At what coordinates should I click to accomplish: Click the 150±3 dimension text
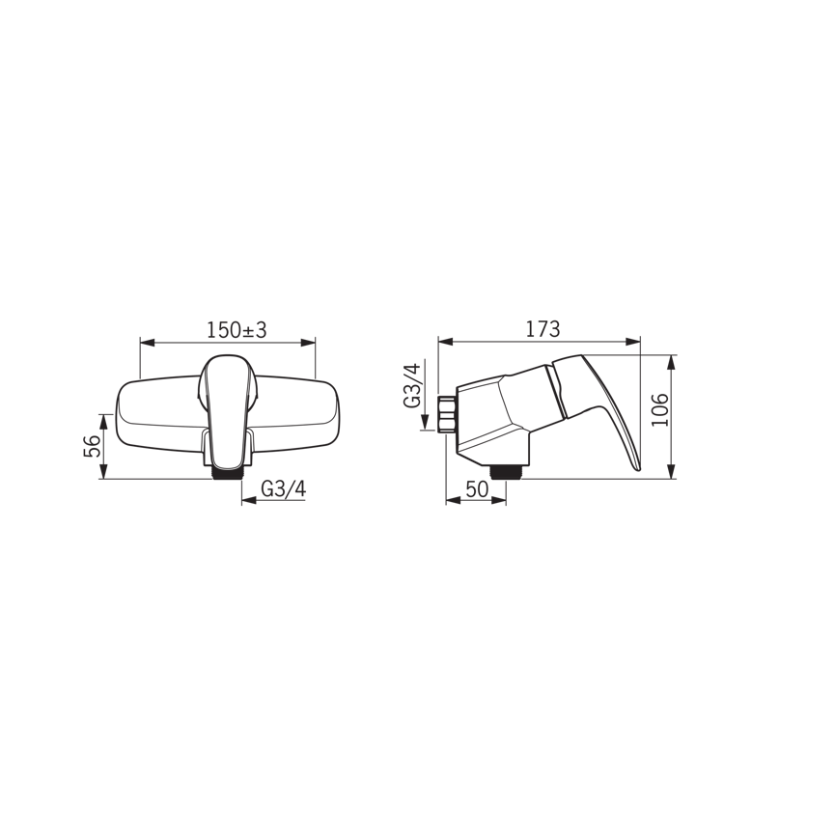pos(237,330)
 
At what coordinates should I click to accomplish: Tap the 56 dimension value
pos(92,446)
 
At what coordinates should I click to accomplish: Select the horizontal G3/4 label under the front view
pos(283,488)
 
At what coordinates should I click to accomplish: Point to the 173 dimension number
pos(543,329)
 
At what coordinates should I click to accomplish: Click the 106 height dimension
pos(660,409)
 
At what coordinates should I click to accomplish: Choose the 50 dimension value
pos(477,488)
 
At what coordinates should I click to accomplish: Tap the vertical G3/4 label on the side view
pos(413,384)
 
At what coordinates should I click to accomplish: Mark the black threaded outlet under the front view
pos(228,473)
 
